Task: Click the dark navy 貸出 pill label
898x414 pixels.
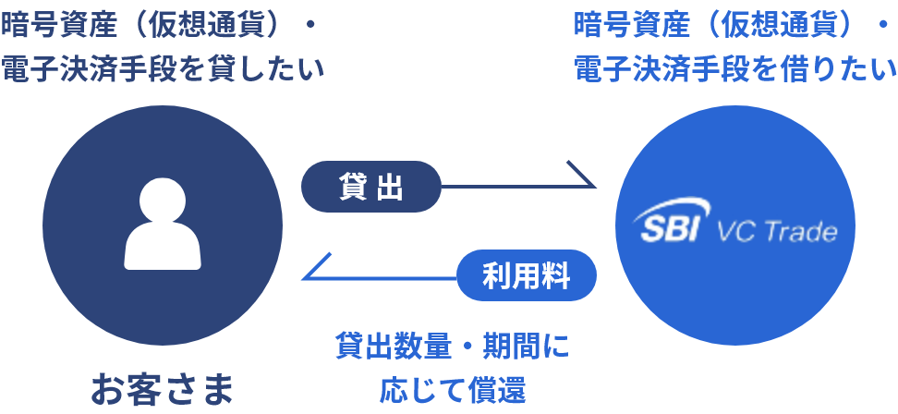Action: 371,187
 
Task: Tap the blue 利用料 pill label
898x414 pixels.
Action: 527,275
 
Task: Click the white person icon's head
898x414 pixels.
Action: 163,201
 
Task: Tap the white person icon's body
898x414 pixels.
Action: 163,246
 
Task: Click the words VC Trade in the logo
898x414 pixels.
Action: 777,232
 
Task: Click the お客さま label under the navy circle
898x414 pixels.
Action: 163,389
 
